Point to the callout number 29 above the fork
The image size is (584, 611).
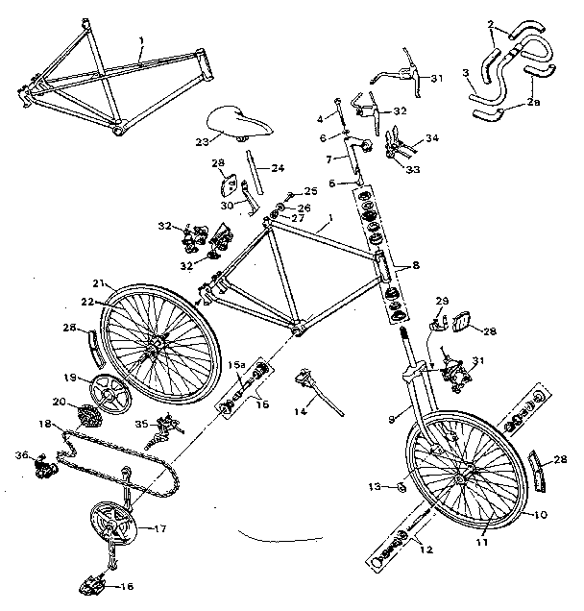[443, 302]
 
